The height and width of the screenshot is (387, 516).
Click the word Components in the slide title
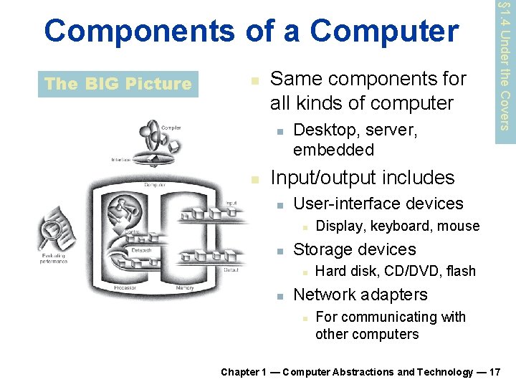pyautogui.click(x=138, y=31)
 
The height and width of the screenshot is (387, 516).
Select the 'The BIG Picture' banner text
pyautogui.click(x=118, y=84)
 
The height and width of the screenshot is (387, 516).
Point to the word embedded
pyautogui.click(x=333, y=150)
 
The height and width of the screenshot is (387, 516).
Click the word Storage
pyautogui.click(x=322, y=249)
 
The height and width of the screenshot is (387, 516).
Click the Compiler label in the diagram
pyautogui.click(x=171, y=128)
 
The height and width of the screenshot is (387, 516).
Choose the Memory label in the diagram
pyautogui.click(x=184, y=287)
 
